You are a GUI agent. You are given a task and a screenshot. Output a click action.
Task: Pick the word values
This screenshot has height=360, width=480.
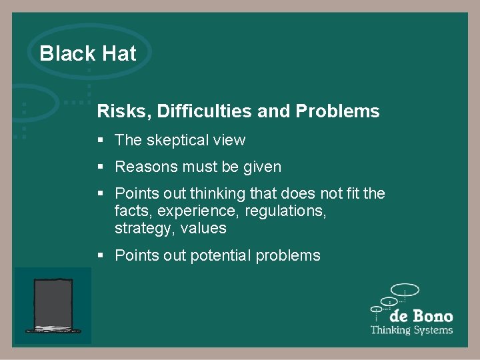coord(206,229)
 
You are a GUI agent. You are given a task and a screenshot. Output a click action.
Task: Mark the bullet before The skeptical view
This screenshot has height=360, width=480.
coord(101,140)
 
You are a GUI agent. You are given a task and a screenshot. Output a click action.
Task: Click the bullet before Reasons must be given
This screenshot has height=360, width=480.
coord(101,167)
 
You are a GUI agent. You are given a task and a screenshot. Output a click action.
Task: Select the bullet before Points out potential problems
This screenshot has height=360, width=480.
coord(101,255)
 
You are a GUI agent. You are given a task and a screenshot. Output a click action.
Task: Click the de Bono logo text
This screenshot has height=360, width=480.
coord(421,316)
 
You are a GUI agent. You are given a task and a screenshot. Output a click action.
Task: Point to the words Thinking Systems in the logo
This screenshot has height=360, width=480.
coord(411,330)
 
